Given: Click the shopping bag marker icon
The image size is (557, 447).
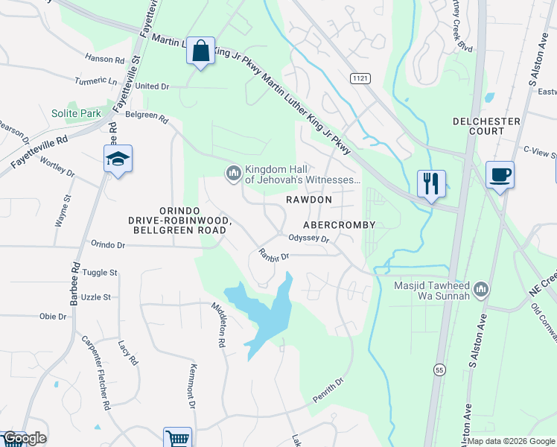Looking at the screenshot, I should [200, 51].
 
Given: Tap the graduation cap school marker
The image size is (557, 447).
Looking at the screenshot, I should [118, 159].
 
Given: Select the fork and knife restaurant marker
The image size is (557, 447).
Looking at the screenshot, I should [431, 183].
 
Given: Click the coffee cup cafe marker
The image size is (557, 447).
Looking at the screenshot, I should [499, 174].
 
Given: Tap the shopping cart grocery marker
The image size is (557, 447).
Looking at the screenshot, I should [177, 438].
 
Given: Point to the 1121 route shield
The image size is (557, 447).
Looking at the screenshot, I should [360, 77].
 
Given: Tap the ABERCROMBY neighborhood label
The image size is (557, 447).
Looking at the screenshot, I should [338, 224].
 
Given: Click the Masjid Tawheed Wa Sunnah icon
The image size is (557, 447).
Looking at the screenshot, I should [481, 288].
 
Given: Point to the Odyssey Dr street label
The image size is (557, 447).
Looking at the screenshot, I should [308, 238].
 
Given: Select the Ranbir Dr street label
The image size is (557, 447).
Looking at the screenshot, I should [273, 254].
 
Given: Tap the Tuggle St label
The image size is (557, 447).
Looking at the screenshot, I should [101, 273].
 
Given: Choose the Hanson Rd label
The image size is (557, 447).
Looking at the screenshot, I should [104, 59].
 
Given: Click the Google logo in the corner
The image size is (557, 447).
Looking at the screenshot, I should [25, 438].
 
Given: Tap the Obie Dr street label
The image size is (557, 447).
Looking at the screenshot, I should [53, 317].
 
